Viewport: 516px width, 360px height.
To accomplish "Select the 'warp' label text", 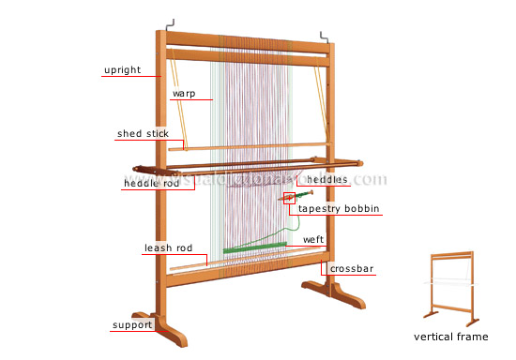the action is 183,94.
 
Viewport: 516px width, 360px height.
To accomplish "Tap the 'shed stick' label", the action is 143,133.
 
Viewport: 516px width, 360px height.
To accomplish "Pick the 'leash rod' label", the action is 169,248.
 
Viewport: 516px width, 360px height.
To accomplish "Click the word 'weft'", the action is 313,240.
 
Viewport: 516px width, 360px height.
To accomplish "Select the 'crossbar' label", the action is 353,269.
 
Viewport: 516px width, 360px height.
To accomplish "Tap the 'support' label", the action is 131,324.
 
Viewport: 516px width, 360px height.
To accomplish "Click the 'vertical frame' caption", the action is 451,336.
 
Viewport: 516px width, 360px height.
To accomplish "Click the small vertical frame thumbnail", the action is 451,285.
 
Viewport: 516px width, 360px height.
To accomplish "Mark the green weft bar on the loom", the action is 255,247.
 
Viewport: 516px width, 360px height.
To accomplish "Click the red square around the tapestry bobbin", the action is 289,198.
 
